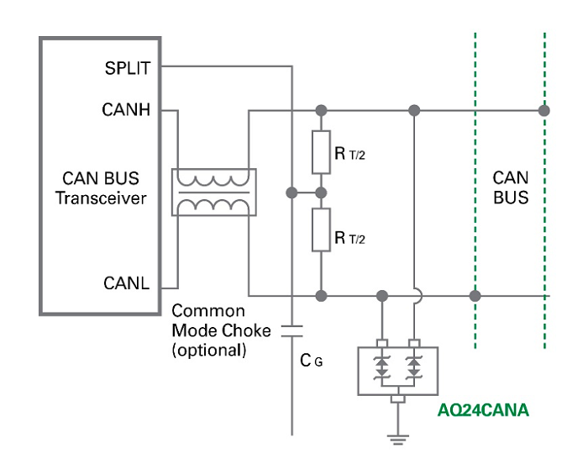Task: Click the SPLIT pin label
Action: coord(126,66)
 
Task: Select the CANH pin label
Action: coord(127,110)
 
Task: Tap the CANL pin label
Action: coord(127,283)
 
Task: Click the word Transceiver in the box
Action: coord(101,199)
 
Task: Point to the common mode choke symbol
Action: coord(213,193)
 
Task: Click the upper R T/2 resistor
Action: coord(321,150)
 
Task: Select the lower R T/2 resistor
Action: coord(321,230)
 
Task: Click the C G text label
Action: coord(312,360)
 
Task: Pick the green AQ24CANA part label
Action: coord(483,411)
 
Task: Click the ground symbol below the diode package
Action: coord(398,436)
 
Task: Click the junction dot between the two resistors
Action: coord(321,192)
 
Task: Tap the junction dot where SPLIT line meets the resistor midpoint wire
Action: coord(291,192)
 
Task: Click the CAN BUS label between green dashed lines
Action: coord(510,188)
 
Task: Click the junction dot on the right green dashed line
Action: coord(544,110)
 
